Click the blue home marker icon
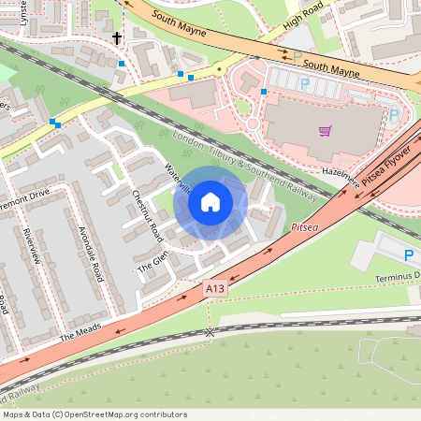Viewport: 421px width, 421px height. pyautogui.click(x=210, y=202)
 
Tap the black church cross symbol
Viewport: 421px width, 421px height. pyautogui.click(x=117, y=38)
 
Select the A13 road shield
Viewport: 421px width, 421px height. pyautogui.click(x=215, y=292)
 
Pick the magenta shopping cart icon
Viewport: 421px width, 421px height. pyautogui.click(x=325, y=131)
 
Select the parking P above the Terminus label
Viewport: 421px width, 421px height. pyautogui.click(x=408, y=254)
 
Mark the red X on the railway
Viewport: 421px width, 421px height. pyautogui.click(x=210, y=332)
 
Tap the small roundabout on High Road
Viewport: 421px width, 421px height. pyautogui.click(x=218, y=67)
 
